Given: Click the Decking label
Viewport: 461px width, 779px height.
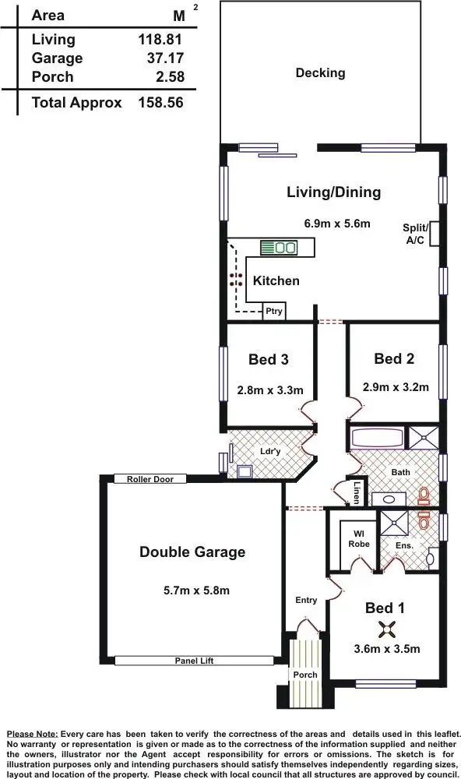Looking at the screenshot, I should pyautogui.click(x=320, y=73).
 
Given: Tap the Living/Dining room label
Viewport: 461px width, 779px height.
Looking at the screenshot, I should pyautogui.click(x=333, y=192).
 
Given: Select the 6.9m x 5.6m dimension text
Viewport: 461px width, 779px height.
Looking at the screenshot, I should pyautogui.click(x=336, y=224).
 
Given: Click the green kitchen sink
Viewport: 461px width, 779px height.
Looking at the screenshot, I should pyautogui.click(x=278, y=248).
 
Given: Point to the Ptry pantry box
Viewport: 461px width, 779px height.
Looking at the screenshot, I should pyautogui.click(x=273, y=312).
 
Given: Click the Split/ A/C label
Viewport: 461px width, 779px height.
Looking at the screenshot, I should pyautogui.click(x=415, y=234).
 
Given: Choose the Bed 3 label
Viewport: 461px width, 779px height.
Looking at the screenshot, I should pyautogui.click(x=269, y=359).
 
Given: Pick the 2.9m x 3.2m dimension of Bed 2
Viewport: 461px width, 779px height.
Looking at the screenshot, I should pyautogui.click(x=395, y=386).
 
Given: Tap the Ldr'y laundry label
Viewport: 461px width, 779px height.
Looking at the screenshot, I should pyautogui.click(x=269, y=451).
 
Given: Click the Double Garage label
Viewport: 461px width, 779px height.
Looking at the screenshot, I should pyautogui.click(x=192, y=552).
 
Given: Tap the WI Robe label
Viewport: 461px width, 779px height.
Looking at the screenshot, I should pyautogui.click(x=358, y=539).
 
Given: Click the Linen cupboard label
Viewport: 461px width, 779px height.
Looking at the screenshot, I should pyautogui.click(x=356, y=492).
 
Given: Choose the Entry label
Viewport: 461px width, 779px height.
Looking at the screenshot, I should pyautogui.click(x=306, y=600).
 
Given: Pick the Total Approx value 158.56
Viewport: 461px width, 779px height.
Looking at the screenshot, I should pyautogui.click(x=160, y=102).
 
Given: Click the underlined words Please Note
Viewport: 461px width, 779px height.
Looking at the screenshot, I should pyautogui.click(x=32, y=735).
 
